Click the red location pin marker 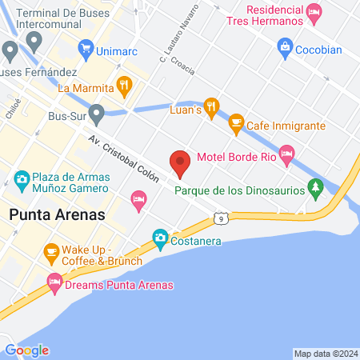point(180,163)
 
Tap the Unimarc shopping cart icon point(85,50)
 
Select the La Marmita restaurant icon point(124,85)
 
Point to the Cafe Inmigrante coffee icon point(236,123)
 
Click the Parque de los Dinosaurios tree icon point(317,187)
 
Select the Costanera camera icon point(160,238)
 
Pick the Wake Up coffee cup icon point(52,253)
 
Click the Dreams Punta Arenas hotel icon point(54,282)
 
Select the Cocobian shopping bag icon point(284,47)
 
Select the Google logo point(26,350)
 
